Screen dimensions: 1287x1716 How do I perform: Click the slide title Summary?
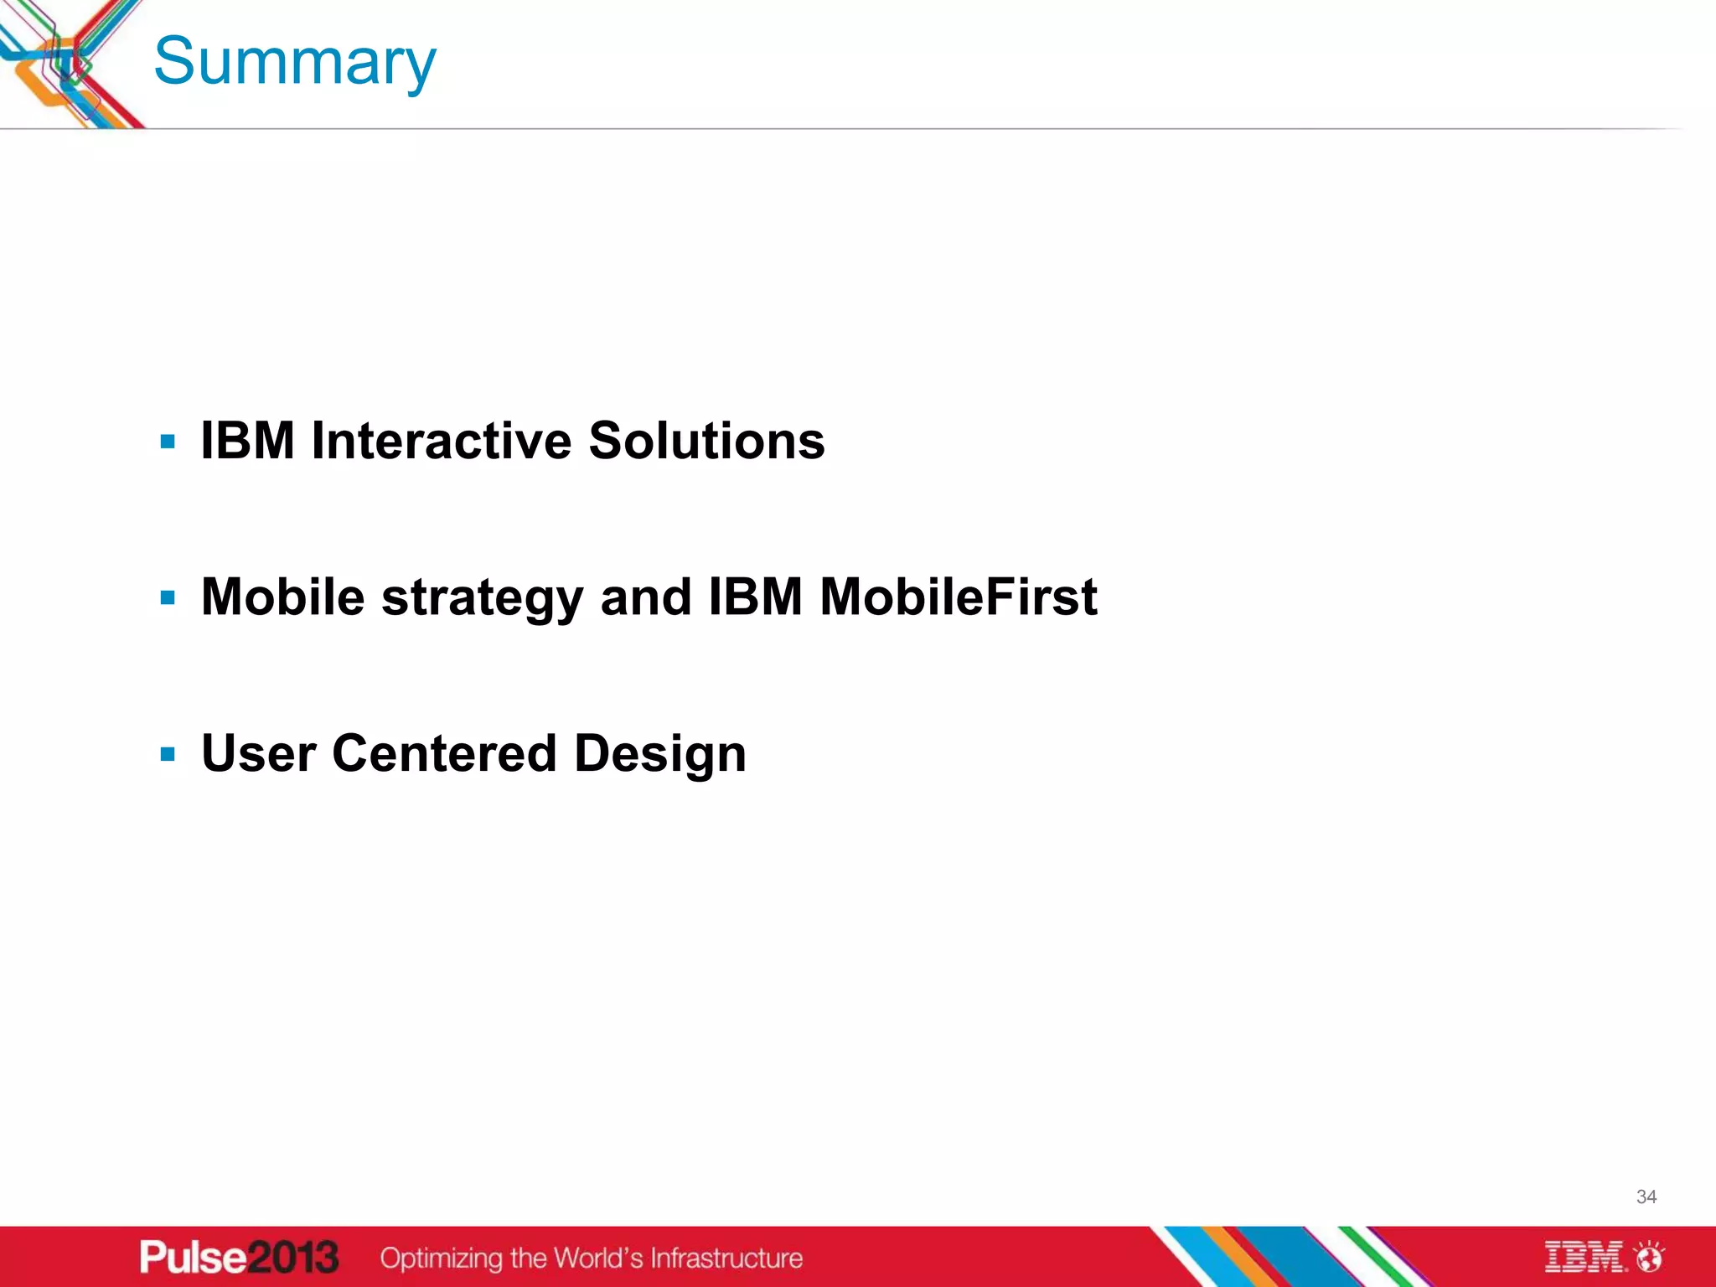(x=295, y=63)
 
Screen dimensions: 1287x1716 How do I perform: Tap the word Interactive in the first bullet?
(x=442, y=441)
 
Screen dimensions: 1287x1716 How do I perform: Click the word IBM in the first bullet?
(x=248, y=441)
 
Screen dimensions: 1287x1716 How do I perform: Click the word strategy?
(x=482, y=599)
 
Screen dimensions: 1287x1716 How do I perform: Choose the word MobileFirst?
(x=958, y=597)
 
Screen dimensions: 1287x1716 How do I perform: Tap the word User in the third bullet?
(x=259, y=753)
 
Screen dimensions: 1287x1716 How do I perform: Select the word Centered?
(x=445, y=753)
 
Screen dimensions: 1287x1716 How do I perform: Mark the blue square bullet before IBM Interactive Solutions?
(x=168, y=442)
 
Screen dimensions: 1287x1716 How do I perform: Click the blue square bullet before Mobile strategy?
(x=168, y=598)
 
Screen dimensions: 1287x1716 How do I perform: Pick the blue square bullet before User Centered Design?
(x=168, y=754)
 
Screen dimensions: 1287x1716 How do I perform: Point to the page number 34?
(x=1646, y=1197)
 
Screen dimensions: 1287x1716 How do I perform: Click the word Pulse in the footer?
(x=192, y=1258)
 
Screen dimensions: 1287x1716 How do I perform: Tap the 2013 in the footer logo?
(x=292, y=1258)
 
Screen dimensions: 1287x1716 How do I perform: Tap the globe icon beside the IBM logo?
(x=1650, y=1257)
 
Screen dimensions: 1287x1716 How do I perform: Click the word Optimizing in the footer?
(x=441, y=1259)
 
